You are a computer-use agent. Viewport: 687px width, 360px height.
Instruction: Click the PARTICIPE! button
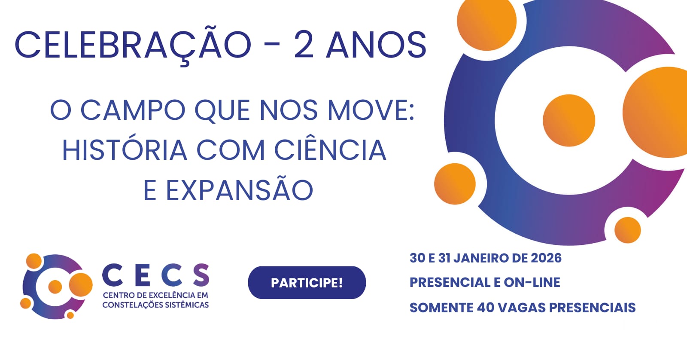(x=307, y=283)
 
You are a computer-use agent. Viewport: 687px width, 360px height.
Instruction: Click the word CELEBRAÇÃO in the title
(x=133, y=45)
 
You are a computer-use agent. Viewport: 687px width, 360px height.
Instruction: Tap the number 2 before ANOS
(x=304, y=45)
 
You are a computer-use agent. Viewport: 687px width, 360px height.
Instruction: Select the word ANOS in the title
(x=376, y=45)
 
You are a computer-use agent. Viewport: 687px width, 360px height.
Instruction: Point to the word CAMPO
(x=133, y=110)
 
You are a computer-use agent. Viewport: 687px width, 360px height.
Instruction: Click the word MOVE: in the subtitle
(x=371, y=110)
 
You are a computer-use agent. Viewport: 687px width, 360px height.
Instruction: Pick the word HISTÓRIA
(x=125, y=149)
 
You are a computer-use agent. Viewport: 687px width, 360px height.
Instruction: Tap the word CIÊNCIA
(x=330, y=149)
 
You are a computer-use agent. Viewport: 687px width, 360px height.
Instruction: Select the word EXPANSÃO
(x=239, y=190)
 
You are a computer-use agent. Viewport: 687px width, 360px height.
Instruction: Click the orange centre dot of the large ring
(x=569, y=120)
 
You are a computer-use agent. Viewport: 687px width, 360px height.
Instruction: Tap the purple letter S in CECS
(x=201, y=275)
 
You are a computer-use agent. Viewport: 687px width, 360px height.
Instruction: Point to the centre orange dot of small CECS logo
(x=55, y=287)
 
